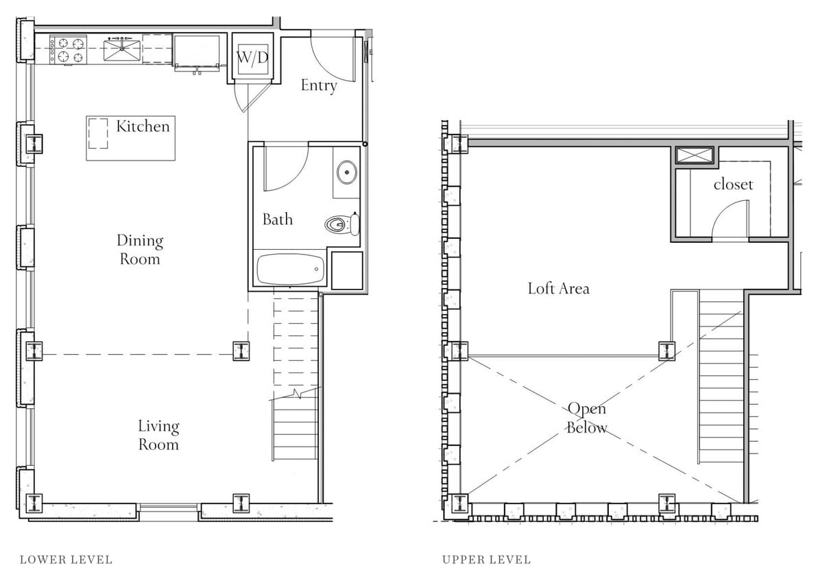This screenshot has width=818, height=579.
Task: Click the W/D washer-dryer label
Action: (253, 58)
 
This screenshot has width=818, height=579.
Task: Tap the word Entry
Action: (319, 86)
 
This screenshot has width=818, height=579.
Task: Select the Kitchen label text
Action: (143, 126)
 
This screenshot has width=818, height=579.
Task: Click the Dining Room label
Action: (140, 250)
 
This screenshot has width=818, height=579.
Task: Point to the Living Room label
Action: (159, 435)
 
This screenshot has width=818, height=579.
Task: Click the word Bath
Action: (278, 219)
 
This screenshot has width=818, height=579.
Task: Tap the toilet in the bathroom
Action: (342, 224)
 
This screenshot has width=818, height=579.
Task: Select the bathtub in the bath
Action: (290, 270)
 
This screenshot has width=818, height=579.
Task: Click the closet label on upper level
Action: (733, 185)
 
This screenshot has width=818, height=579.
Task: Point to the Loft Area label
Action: (558, 288)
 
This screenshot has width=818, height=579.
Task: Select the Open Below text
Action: (587, 418)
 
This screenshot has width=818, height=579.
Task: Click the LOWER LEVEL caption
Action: (66, 560)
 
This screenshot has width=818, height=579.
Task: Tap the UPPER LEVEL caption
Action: (487, 560)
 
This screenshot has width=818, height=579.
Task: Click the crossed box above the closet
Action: (695, 156)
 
